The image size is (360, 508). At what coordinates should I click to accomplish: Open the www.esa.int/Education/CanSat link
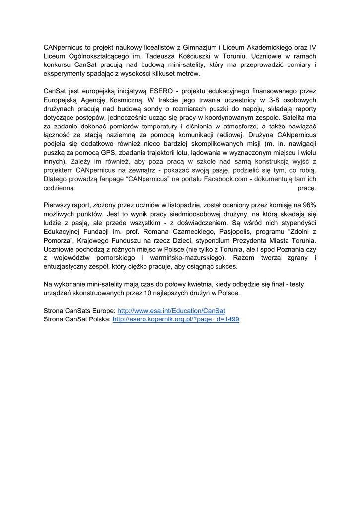coord(171,311)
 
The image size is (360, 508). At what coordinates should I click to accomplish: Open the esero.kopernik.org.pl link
coord(176,319)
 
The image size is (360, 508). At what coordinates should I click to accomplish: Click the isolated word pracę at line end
coord(306,188)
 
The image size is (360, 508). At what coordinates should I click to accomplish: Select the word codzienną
coord(59,188)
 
